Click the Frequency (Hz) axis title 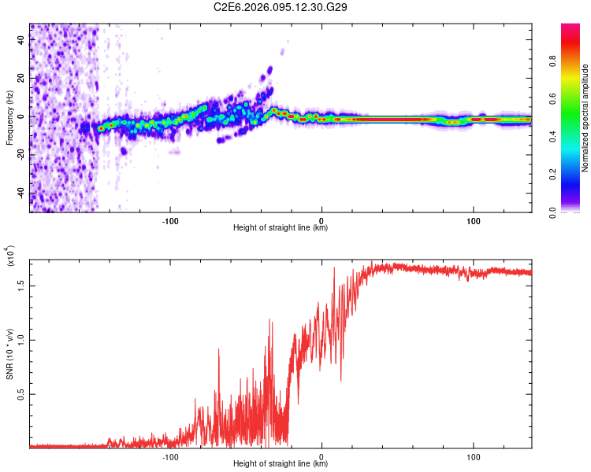9,116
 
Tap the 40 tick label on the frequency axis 21,39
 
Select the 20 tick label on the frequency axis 21,78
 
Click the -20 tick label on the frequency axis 20,155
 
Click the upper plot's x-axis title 281,228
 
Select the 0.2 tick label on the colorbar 577,174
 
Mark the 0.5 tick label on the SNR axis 21,394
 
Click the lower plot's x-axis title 281,464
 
